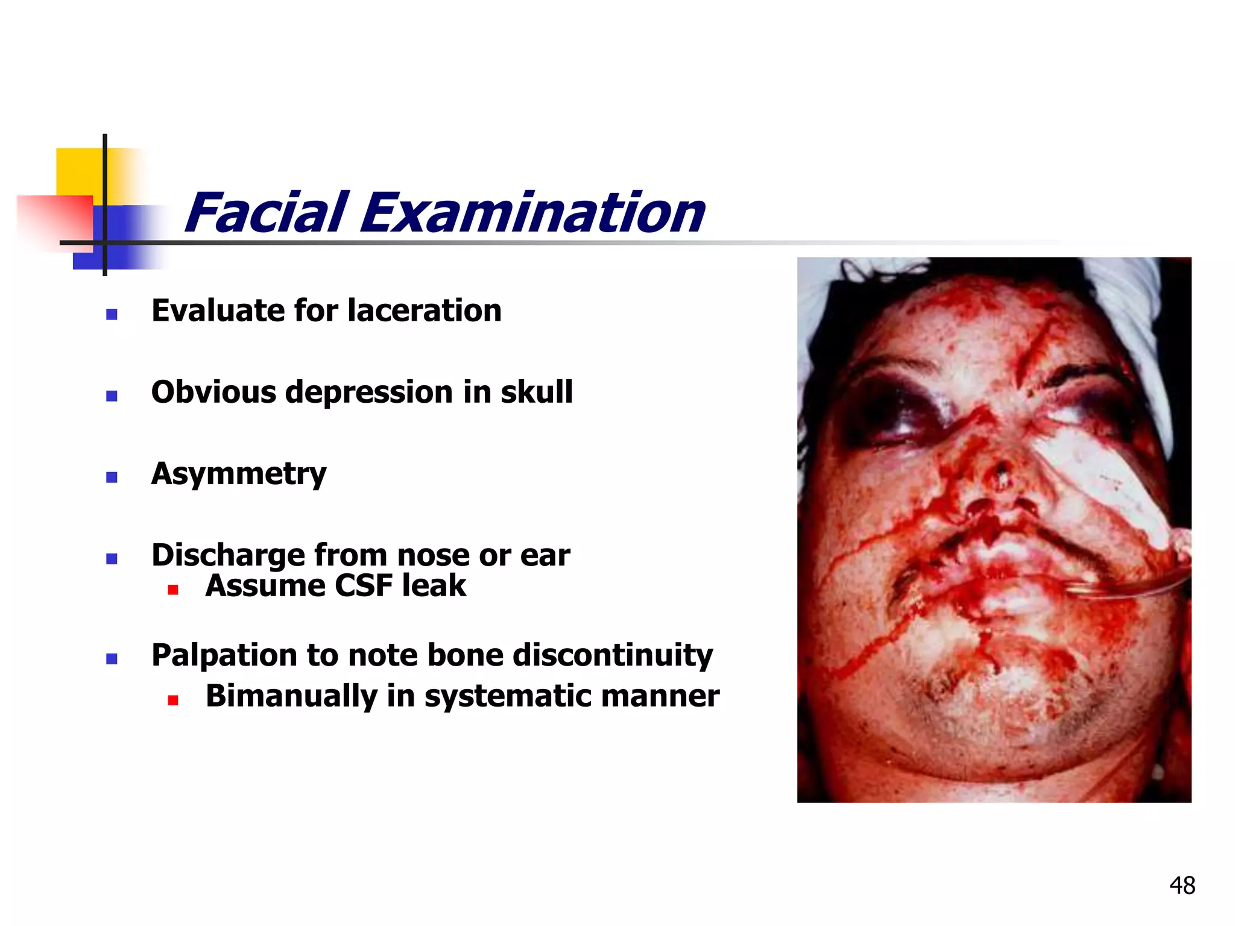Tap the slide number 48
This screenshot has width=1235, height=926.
pyautogui.click(x=1182, y=886)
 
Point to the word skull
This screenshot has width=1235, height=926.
pyautogui.click(x=537, y=392)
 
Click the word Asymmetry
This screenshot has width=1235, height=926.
pyautogui.click(x=239, y=474)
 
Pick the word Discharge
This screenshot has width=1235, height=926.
pyautogui.click(x=228, y=556)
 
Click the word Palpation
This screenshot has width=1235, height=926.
pyautogui.click(x=224, y=656)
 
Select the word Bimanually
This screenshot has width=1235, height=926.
pyautogui.click(x=291, y=696)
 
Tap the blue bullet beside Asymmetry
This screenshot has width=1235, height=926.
pyautogui.click(x=112, y=477)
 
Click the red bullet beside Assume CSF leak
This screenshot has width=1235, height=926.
pyautogui.click(x=173, y=590)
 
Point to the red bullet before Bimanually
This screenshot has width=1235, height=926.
pyautogui.click(x=173, y=701)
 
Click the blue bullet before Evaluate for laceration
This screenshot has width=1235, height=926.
pyautogui.click(x=112, y=314)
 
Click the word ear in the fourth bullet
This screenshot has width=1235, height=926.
pyautogui.click(x=545, y=556)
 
